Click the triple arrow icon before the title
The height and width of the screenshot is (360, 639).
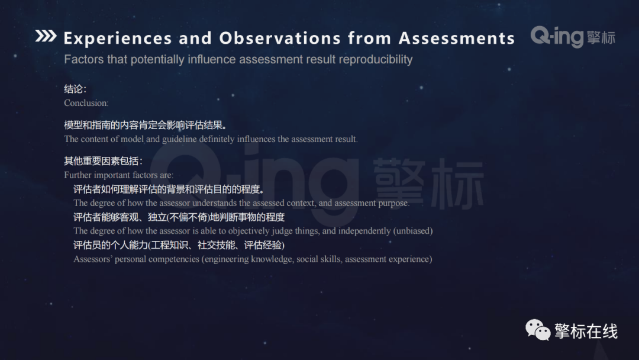click(46, 37)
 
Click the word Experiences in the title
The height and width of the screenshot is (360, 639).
click(118, 38)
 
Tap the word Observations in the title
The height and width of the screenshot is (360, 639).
click(280, 38)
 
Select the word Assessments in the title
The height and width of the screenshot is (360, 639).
click(456, 38)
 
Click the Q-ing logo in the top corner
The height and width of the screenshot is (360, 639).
click(572, 37)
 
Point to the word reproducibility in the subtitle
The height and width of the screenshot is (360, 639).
click(376, 59)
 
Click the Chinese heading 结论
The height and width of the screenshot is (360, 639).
click(75, 89)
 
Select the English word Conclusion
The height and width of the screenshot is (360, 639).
click(86, 103)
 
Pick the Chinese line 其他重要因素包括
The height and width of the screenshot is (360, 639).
click(103, 161)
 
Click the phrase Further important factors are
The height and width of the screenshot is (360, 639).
click(118, 175)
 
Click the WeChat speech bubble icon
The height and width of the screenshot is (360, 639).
click(538, 330)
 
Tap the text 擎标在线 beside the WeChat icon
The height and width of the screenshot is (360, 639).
click(586, 332)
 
